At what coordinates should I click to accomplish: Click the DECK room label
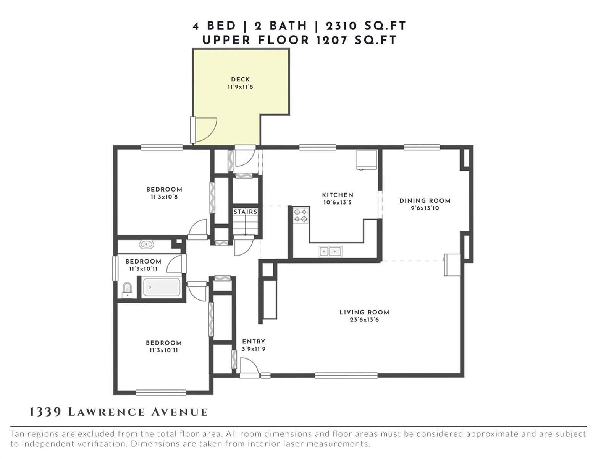click(240, 80)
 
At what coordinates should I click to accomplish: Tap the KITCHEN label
click(338, 195)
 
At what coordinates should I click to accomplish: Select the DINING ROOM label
click(425, 201)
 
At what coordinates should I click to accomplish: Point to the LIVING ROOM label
click(364, 312)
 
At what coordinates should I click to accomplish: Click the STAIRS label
click(245, 212)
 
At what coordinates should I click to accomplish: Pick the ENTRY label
click(254, 342)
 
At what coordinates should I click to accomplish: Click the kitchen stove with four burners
click(301, 215)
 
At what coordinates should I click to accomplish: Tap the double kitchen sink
click(330, 251)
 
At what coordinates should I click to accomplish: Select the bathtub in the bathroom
click(162, 287)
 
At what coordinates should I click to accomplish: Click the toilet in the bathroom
click(127, 290)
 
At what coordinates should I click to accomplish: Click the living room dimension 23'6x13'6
click(364, 320)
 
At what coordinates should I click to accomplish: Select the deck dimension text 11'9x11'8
click(240, 87)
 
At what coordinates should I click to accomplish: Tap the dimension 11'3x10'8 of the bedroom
click(164, 197)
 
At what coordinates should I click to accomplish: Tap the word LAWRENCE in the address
click(107, 412)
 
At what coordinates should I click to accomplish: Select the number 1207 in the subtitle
click(332, 41)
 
